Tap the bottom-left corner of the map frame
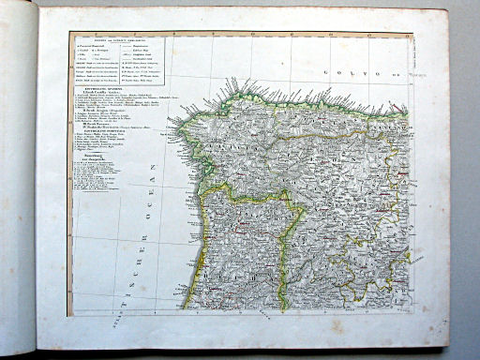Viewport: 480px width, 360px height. [68, 315]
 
